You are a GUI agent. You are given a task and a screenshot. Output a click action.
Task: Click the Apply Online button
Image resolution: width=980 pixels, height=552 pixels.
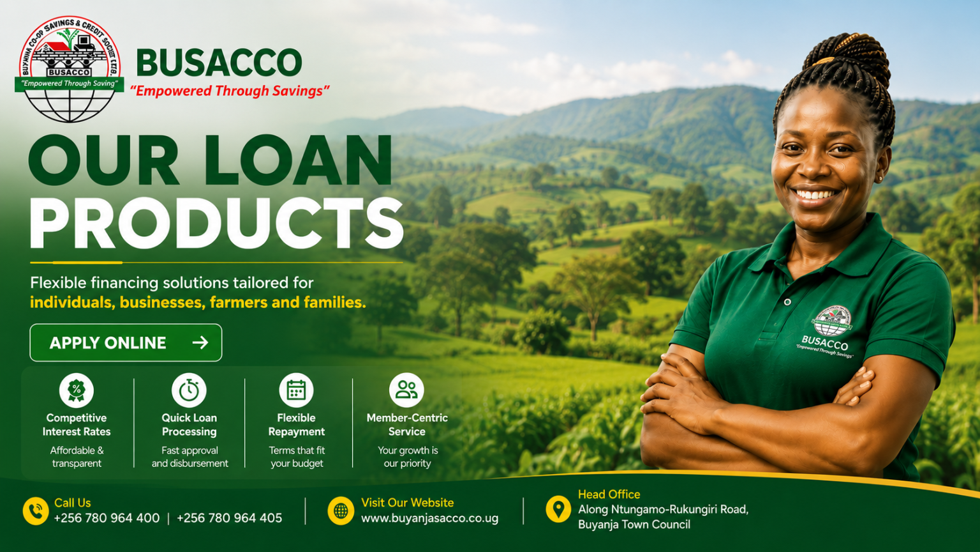pos(126,342)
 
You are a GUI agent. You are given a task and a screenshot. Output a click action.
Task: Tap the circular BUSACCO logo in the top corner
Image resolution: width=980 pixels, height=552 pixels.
pos(70,69)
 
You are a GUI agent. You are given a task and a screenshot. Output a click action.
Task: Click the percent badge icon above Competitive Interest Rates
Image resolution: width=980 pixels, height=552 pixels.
pos(77,390)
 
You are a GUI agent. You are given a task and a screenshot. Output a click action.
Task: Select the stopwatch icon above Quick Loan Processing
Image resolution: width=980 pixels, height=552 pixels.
pos(189,390)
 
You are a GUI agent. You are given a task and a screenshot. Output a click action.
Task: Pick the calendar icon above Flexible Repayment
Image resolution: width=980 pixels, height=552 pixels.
pos(296,390)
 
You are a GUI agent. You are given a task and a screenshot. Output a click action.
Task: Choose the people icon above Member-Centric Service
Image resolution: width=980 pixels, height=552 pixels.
pos(406,390)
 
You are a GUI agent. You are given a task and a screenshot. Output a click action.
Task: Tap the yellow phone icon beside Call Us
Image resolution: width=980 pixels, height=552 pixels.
pos(36,511)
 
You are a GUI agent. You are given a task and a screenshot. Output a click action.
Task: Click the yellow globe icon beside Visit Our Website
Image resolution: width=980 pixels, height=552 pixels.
pos(341,511)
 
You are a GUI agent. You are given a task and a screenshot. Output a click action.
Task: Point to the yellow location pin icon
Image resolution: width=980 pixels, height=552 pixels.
pos(558,509)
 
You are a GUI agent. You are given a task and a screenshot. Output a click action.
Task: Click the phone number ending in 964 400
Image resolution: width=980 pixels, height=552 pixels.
pos(107,518)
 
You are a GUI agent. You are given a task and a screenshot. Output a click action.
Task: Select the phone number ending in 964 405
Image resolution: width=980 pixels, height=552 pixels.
pos(229,518)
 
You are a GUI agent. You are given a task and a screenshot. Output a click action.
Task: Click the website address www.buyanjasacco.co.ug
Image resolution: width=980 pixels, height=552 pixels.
pos(429,519)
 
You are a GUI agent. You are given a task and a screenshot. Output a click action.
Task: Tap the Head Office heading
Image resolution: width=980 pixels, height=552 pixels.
pos(609,494)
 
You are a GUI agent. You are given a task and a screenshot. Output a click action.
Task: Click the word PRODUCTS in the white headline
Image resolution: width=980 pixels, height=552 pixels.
pos(216,224)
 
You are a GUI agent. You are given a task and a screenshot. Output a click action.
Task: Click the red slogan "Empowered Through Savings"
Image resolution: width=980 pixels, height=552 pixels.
pos(230,91)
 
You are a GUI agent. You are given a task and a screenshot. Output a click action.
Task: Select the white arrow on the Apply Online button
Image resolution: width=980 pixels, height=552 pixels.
pos(200,342)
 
